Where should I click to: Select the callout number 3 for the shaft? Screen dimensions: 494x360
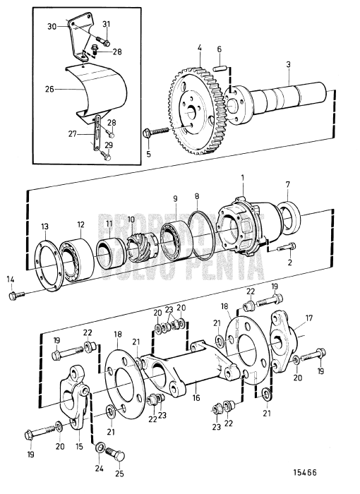288,64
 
